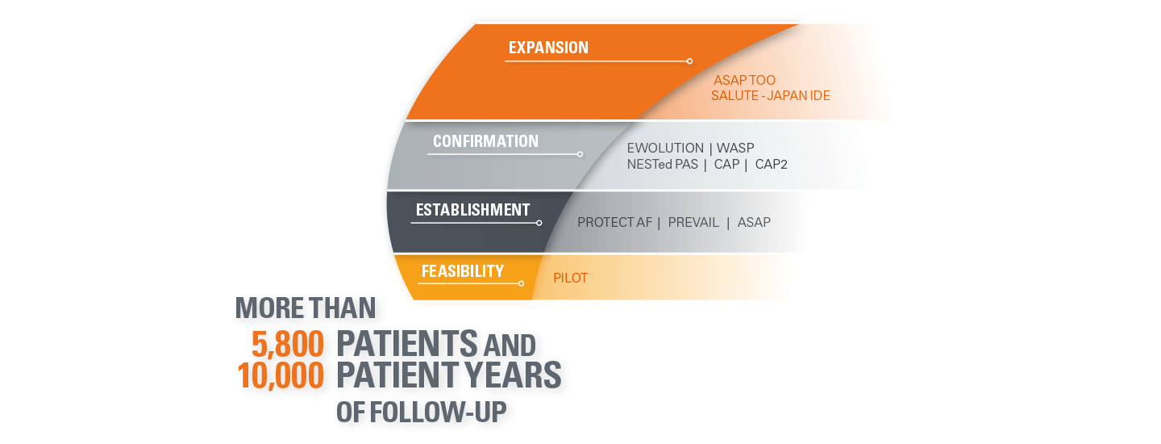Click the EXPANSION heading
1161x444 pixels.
point(548,48)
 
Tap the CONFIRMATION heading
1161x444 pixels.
point(485,141)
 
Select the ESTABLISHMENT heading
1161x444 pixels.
point(472,210)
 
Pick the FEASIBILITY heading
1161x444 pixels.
point(462,271)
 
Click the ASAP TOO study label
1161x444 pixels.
point(744,81)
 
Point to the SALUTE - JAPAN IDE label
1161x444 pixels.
point(770,96)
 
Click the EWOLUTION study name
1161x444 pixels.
point(664,149)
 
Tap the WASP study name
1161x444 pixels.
point(735,149)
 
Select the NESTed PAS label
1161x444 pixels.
point(661,165)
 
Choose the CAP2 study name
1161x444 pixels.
point(771,165)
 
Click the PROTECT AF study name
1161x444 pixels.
point(614,222)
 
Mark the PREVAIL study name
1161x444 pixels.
point(693,222)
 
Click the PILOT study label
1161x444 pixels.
point(570,279)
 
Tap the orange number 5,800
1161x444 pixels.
point(288,345)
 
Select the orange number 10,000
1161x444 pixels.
point(281,375)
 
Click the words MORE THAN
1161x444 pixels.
point(306,308)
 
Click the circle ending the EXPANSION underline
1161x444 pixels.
point(689,61)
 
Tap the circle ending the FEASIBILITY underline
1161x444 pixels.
point(522,283)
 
